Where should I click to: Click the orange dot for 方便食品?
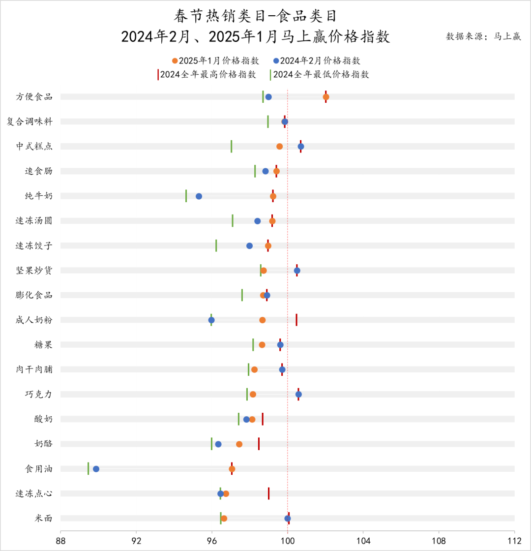point(326,97)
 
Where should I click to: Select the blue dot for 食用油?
point(96,469)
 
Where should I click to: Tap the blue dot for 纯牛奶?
point(199,196)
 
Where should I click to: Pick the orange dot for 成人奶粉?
point(263,320)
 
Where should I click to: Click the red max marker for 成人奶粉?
point(296,320)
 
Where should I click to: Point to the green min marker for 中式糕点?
point(232,146)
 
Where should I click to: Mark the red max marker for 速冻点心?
point(269,493)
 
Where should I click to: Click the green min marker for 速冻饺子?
point(216,245)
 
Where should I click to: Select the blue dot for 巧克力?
point(298,395)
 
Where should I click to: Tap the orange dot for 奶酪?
point(239,444)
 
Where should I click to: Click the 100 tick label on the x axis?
point(288,540)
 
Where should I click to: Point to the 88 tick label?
point(60,540)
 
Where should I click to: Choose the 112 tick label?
point(514,540)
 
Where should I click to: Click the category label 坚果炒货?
point(34,270)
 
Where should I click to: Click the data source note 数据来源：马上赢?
point(483,36)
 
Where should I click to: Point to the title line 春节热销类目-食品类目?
point(256,16)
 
